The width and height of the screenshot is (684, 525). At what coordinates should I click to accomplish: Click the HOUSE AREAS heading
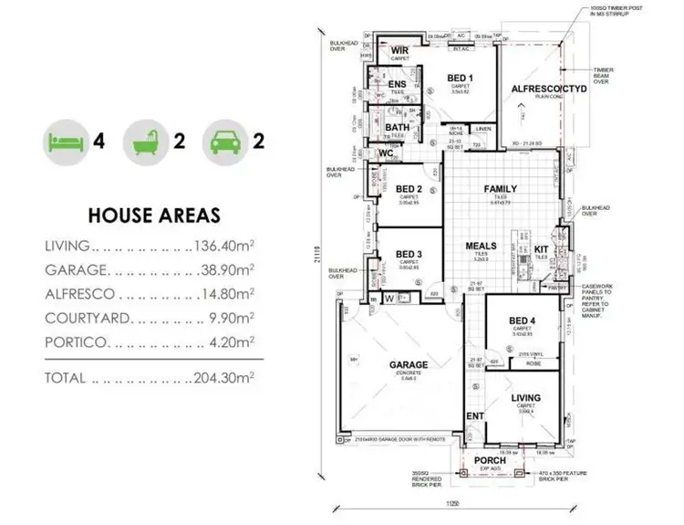click(153, 216)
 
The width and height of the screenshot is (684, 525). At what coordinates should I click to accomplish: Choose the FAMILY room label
click(501, 188)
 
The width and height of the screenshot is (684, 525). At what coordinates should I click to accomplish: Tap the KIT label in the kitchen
click(540, 248)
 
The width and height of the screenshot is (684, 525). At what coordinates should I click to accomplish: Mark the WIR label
click(399, 51)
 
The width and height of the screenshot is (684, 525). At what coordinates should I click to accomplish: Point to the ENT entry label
click(474, 416)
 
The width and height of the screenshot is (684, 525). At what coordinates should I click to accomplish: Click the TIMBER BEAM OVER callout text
click(603, 75)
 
